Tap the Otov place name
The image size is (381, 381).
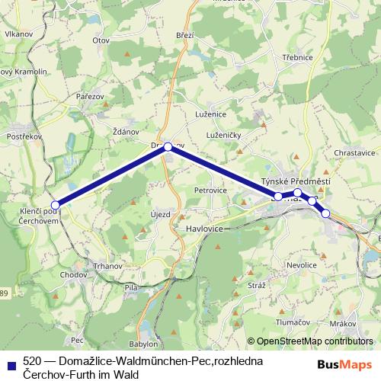[101, 40]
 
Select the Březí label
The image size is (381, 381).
[186, 35]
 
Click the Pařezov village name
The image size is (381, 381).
[89, 96]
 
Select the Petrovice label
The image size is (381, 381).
[211, 190]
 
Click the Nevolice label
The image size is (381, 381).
[301, 264]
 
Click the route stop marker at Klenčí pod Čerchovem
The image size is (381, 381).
[55, 204]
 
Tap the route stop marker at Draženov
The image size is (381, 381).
[168, 146]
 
